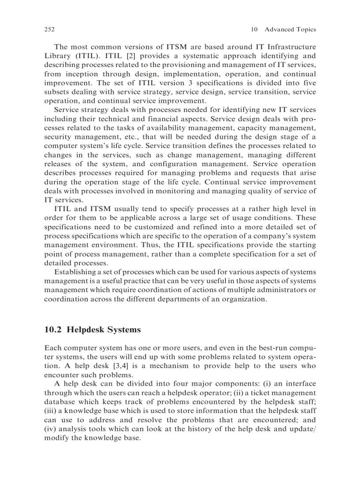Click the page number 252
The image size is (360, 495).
pos(49,30)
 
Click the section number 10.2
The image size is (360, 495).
pos(53,329)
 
